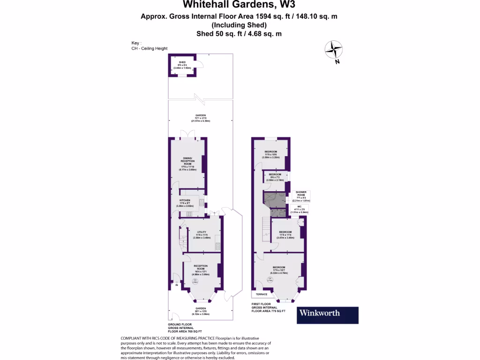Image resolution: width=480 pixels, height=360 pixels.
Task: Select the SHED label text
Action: point(182,62)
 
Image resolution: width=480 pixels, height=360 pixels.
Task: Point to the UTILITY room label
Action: point(202,232)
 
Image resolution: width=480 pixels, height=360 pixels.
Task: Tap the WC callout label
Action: point(300,207)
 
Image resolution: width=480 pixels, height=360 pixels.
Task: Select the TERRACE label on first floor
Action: point(262,294)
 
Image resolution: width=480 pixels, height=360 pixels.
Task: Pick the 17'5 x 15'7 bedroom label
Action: point(279,268)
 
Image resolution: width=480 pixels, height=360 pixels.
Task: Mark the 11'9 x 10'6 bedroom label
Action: point(271,151)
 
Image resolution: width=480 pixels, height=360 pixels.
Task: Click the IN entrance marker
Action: point(177,285)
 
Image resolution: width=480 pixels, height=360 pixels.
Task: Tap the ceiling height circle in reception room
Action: point(195,282)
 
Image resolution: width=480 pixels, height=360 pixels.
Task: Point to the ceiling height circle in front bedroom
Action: point(270,280)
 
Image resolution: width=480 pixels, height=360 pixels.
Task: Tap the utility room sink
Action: point(217,245)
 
